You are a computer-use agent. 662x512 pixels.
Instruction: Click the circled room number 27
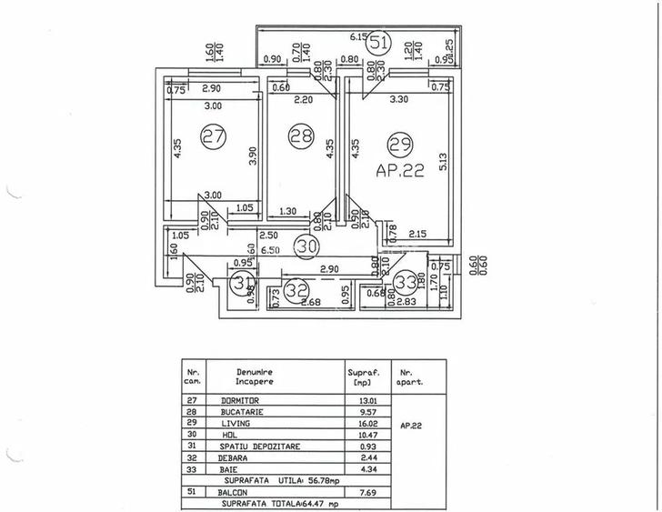(x=213, y=137)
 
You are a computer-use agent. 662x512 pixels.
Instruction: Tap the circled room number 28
(x=298, y=136)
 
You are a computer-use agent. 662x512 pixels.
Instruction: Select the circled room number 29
(x=397, y=143)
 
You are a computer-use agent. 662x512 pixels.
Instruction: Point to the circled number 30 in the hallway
(x=307, y=244)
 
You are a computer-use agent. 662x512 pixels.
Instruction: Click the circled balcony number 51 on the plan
(x=382, y=41)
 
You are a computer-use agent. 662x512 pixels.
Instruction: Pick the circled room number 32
(x=296, y=292)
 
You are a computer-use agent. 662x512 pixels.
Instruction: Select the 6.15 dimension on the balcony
(x=362, y=36)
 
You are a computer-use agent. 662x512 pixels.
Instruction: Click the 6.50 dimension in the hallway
(x=268, y=250)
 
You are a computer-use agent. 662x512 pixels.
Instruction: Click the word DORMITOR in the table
(x=240, y=400)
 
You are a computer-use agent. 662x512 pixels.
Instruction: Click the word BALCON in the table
(x=236, y=491)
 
